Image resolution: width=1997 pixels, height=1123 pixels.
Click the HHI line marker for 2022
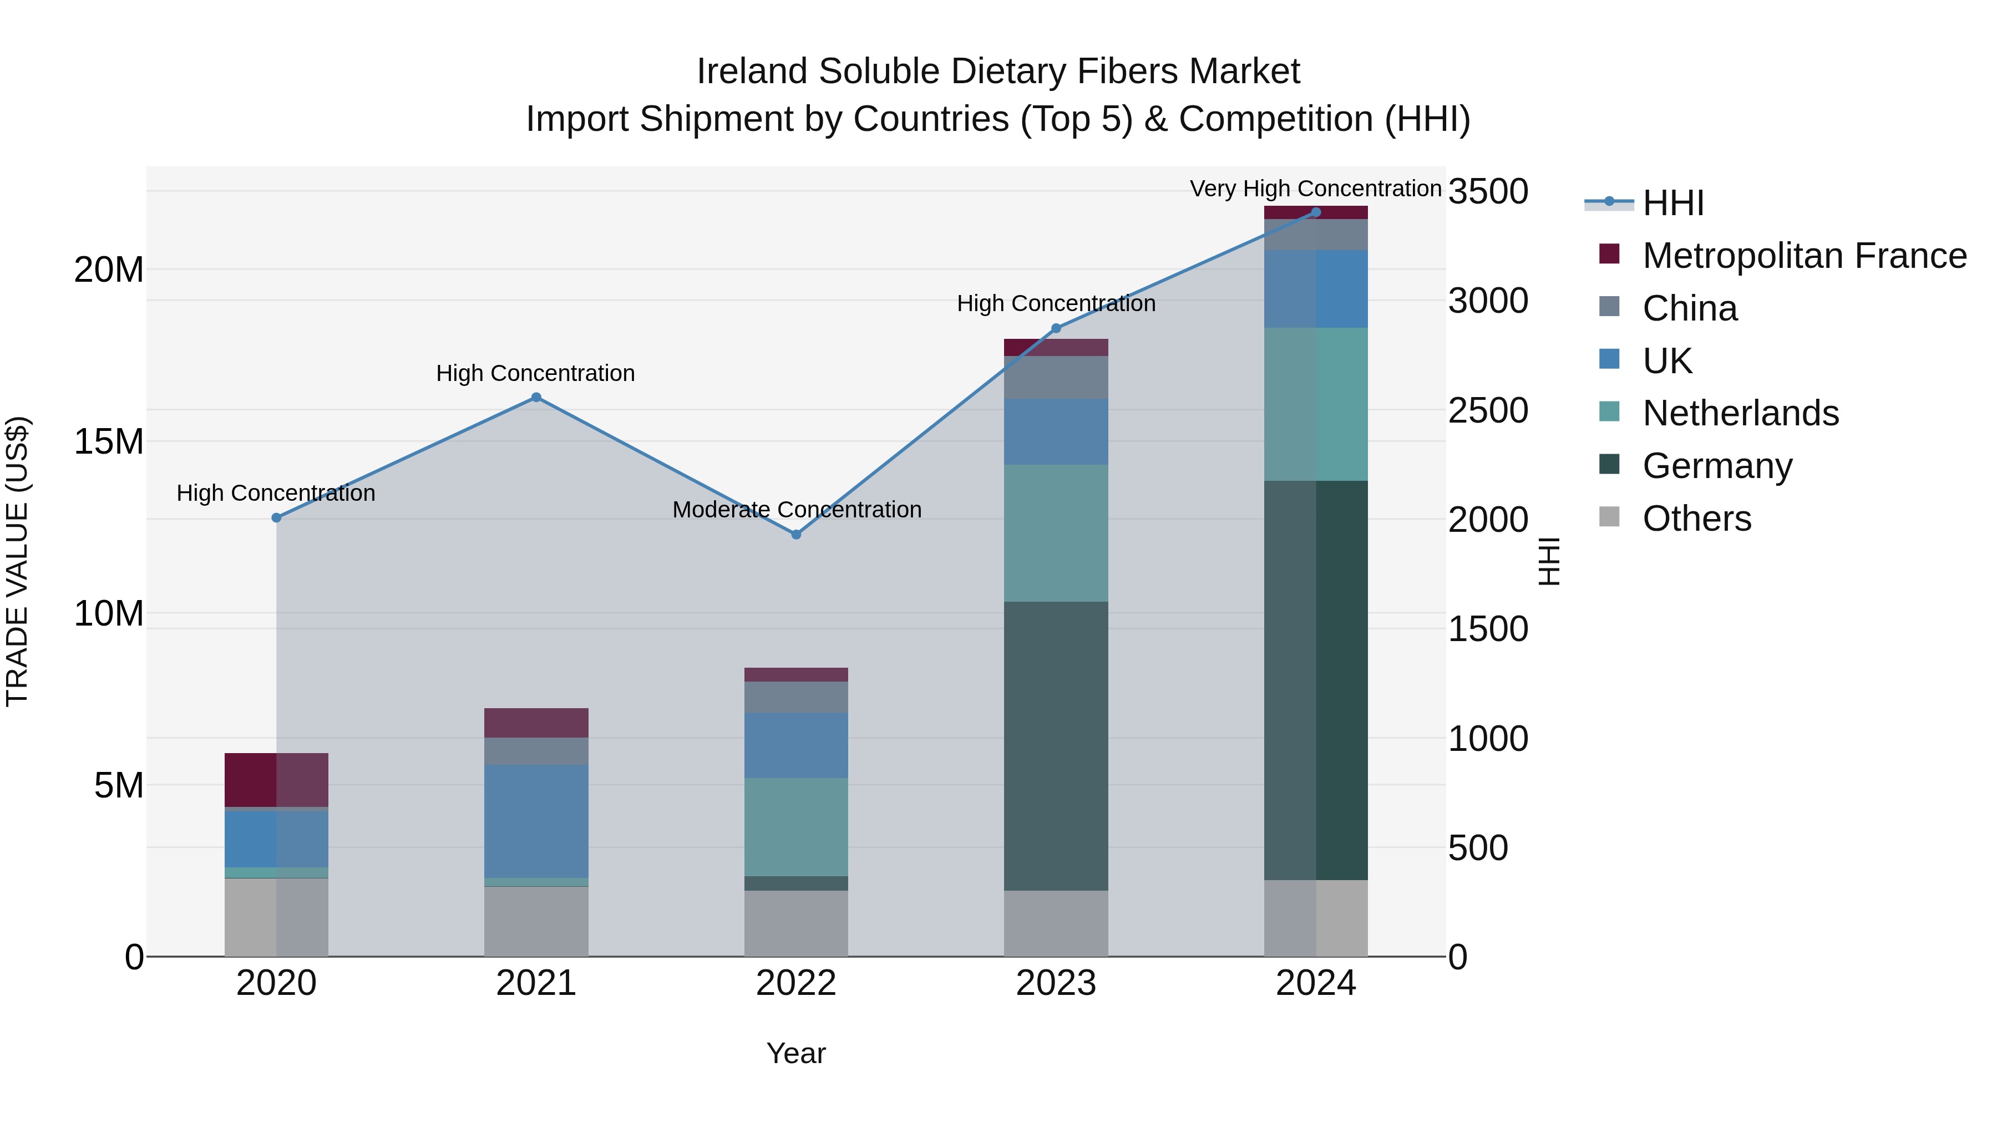(x=795, y=534)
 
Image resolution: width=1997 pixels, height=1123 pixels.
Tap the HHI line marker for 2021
(x=536, y=398)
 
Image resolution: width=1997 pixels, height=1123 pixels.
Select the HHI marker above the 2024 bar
(x=1316, y=212)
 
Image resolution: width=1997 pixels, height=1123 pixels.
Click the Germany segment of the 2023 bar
(x=1056, y=745)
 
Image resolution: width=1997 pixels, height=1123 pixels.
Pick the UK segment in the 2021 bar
(x=536, y=821)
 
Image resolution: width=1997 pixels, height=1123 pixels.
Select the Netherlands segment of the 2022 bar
(x=795, y=827)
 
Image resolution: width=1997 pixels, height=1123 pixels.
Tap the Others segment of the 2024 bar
(x=1316, y=918)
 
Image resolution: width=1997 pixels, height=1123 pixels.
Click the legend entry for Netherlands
(x=1740, y=413)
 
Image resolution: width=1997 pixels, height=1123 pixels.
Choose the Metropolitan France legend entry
(x=1804, y=256)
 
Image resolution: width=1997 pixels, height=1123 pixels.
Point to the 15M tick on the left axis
(x=109, y=442)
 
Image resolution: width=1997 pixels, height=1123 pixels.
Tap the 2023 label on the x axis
(x=1056, y=983)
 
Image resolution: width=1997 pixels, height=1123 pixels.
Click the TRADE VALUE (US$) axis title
(x=17, y=561)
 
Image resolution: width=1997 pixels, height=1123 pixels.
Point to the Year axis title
(x=795, y=1053)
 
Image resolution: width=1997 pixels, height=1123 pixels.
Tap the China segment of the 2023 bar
(x=1056, y=378)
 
